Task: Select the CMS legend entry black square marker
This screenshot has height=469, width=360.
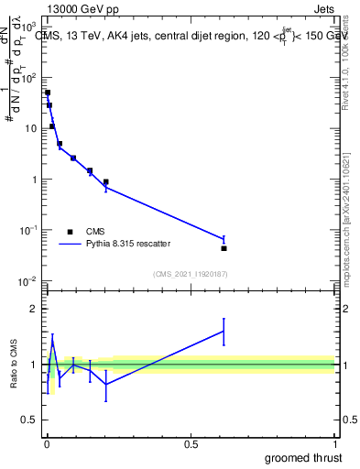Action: coord(70,232)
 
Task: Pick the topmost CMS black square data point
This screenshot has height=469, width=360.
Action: coord(48,93)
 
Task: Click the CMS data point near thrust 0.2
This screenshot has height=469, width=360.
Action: coord(106,181)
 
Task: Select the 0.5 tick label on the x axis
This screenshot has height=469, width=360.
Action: coord(191,442)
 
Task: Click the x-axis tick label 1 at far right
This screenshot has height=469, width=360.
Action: coord(335,442)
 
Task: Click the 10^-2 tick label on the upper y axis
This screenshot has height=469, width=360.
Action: coord(29,280)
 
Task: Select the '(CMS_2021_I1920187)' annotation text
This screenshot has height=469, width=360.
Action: coord(190,274)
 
